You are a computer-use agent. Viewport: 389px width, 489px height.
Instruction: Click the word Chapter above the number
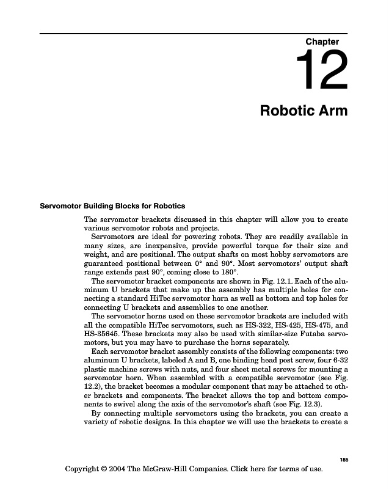[322, 42]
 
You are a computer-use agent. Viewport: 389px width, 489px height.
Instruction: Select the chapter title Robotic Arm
[304, 111]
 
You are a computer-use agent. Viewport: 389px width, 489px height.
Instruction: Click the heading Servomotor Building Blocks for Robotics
[112, 205]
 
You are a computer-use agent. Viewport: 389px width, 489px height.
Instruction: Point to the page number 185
[343, 460]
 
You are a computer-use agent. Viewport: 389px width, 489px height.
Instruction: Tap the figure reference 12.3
[326, 405]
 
